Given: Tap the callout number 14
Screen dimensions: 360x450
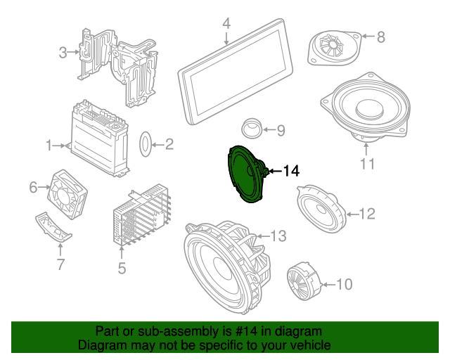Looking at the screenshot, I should tap(290, 171).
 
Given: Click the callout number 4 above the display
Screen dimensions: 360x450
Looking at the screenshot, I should tap(226, 24).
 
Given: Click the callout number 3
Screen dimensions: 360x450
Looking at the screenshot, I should tap(62, 52).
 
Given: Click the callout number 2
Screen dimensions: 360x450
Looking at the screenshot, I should tap(169, 146).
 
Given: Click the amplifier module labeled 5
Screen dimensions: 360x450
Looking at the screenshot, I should tap(142, 215).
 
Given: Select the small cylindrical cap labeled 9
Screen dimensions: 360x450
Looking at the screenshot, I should tap(250, 128).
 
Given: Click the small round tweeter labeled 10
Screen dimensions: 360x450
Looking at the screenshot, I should tap(302, 282).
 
